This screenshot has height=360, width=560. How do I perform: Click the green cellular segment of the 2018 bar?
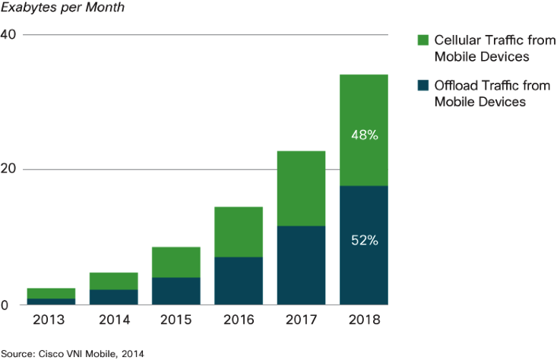click(363, 106)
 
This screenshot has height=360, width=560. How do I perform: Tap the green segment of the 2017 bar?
click(301, 188)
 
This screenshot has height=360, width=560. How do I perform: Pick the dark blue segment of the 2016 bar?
click(239, 281)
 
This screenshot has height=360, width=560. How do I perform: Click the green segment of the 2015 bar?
click(176, 262)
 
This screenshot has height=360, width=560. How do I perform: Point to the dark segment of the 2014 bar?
click(113, 297)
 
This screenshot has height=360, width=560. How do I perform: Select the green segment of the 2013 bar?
click(51, 293)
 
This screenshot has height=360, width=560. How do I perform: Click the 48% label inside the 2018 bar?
click(364, 135)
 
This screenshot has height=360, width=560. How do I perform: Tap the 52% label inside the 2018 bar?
click(364, 241)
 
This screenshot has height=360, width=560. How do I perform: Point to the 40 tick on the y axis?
click(10, 35)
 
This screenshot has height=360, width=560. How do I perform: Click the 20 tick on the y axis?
click(10, 169)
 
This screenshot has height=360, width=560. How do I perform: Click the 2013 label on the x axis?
click(51, 321)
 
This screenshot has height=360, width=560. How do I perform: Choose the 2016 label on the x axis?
click(239, 321)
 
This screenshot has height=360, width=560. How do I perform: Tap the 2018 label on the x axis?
click(363, 321)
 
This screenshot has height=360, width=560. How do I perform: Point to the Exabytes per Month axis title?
click(52, 9)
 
